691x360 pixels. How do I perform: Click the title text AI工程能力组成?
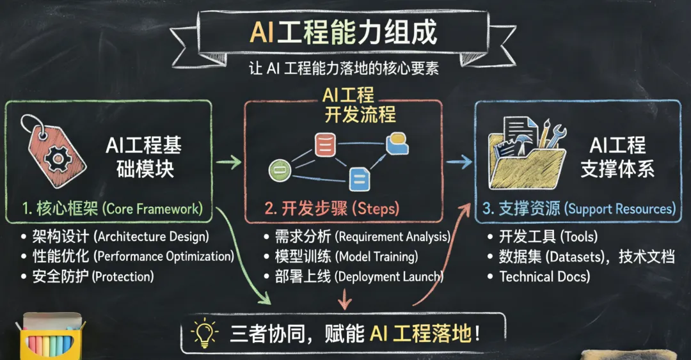346,32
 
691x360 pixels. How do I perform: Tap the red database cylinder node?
325,145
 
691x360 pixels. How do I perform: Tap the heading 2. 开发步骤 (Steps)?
332,208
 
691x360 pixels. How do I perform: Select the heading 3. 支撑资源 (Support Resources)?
580,208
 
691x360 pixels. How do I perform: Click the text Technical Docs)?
544,277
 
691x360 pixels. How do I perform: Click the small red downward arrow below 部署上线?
345,298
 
